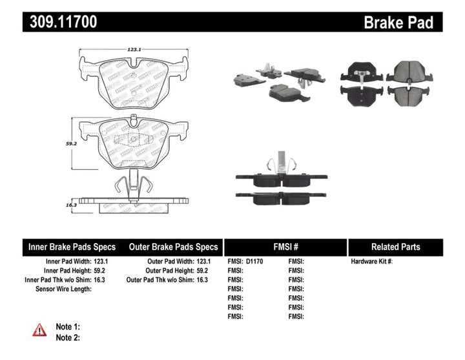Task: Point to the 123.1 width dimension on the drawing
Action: click(134, 48)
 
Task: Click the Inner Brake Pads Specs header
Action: click(72, 247)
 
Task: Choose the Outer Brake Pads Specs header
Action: click(173, 247)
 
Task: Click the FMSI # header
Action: click(285, 247)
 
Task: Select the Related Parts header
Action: click(395, 247)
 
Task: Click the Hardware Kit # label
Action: click(371, 261)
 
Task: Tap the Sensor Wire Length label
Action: click(63, 289)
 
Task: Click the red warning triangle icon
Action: click(39, 330)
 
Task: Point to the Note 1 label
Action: click(68, 327)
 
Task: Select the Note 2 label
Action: click(68, 337)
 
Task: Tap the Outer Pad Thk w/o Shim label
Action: click(160, 279)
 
